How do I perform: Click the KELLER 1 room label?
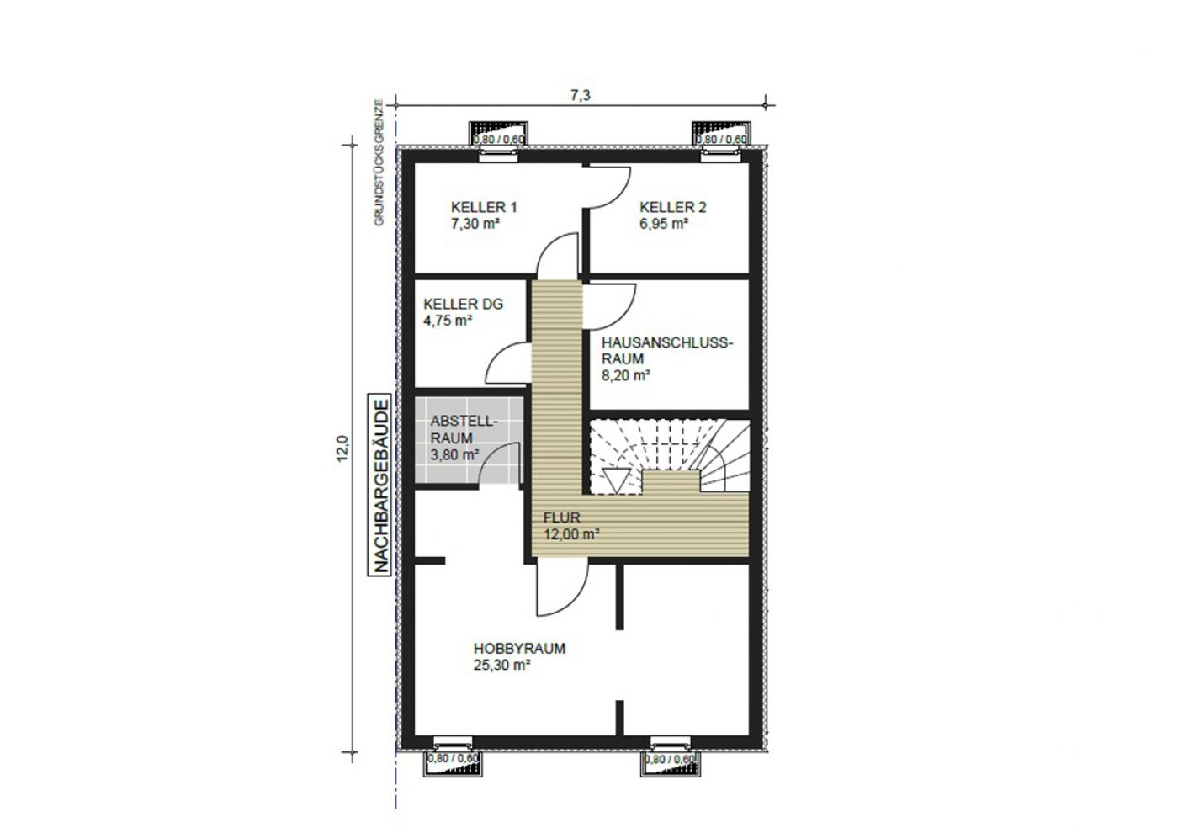484,207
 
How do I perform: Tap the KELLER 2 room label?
672,207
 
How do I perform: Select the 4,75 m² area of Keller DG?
448,321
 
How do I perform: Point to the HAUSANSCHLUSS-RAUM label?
666,351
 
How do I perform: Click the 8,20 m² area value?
626,375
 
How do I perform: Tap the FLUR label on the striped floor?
562,517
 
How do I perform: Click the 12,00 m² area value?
571,534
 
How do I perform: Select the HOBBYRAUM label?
520,649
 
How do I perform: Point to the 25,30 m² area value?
501,666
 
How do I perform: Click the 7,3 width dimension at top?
580,95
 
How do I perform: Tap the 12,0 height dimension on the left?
342,448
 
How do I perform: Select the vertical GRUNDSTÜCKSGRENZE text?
379,162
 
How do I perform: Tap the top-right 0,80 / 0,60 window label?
722,140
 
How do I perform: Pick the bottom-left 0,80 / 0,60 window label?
454,759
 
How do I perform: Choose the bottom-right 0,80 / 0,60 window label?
670,759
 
